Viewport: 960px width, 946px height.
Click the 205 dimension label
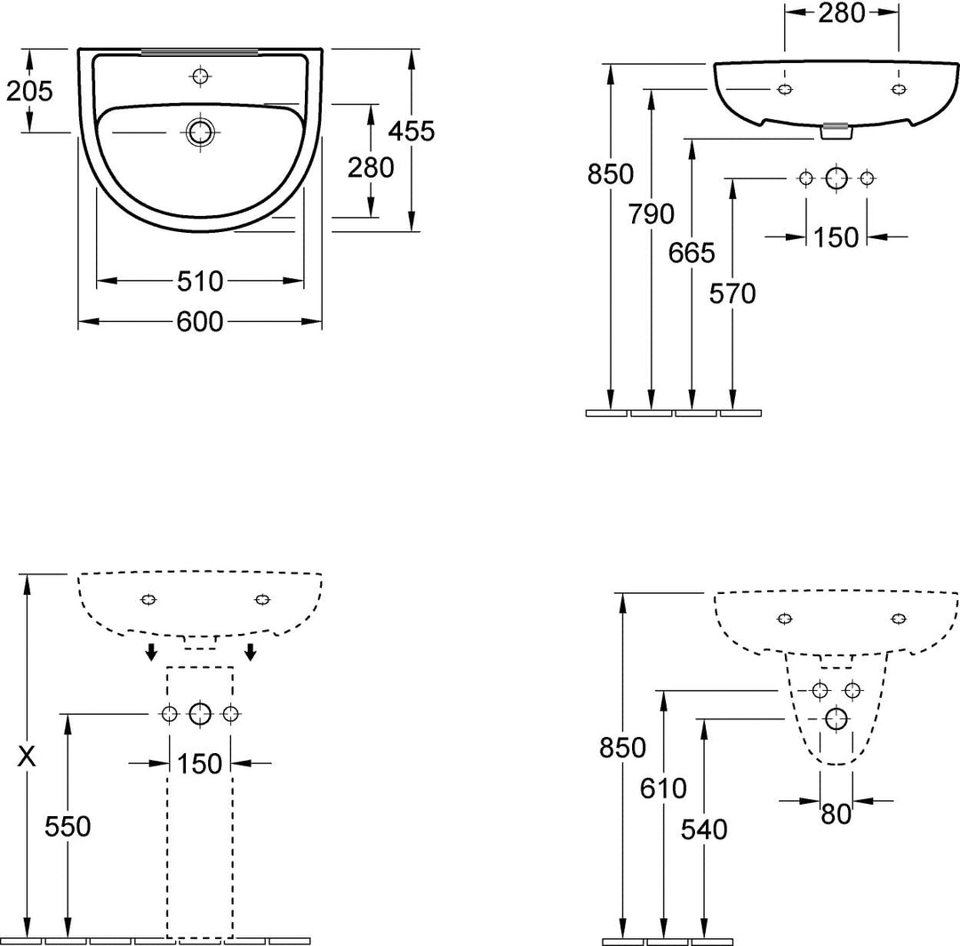tap(29, 92)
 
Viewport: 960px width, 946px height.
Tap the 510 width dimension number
tap(200, 281)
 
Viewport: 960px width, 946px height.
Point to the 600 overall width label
tap(200, 322)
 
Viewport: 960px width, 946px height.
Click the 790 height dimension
tap(652, 213)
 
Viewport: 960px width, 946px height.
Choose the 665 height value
tap(692, 253)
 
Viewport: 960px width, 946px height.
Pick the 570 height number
tap(732, 294)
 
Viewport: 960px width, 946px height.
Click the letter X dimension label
tap(27, 758)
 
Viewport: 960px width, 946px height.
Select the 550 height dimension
tap(68, 827)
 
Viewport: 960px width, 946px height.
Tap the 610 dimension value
tap(664, 789)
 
